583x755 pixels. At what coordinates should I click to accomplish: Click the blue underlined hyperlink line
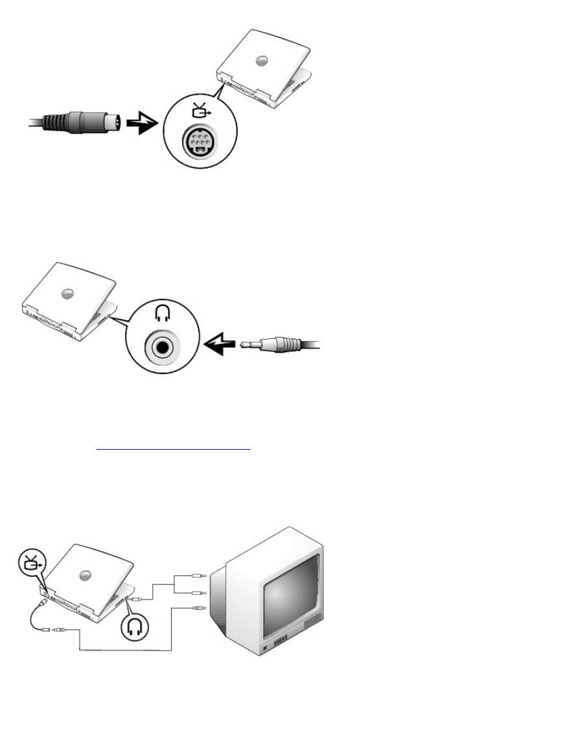point(173,448)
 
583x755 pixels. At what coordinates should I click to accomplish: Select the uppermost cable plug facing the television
point(198,574)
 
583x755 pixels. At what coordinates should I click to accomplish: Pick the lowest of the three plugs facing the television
point(198,608)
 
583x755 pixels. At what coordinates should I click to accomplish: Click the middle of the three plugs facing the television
point(198,592)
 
